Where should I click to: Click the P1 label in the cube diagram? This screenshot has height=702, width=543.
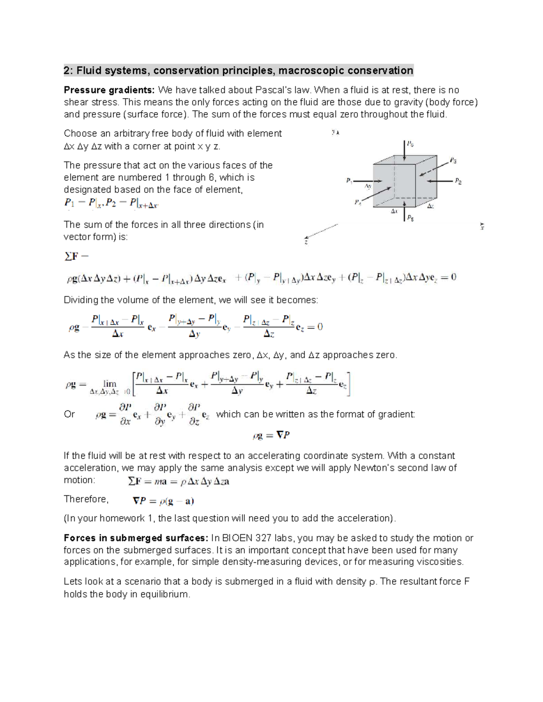coord(349,181)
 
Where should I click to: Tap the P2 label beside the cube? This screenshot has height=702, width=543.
coord(458,181)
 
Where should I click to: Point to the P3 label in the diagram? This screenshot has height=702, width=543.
coord(453,160)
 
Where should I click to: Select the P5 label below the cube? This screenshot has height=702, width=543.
coord(410,218)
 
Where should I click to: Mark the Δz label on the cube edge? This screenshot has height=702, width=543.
coord(430,206)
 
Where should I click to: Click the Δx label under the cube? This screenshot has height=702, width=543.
coord(394,211)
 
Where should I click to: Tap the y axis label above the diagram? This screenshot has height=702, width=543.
coord(335,132)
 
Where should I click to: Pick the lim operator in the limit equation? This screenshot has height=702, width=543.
coord(110,384)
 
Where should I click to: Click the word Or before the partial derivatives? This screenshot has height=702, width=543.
coord(69,414)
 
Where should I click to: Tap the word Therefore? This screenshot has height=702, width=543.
coord(86,499)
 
